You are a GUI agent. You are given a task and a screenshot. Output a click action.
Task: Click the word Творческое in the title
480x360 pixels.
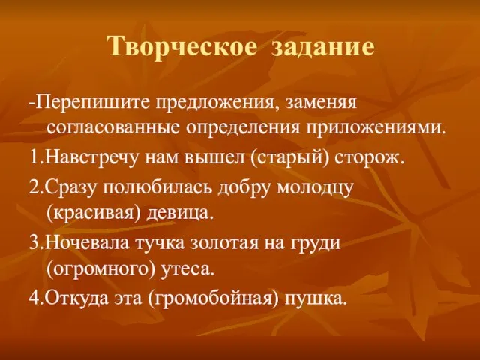183,46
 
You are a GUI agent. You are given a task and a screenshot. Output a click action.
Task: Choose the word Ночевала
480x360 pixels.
88,243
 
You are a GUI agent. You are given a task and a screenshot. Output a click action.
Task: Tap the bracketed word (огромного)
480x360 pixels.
101,269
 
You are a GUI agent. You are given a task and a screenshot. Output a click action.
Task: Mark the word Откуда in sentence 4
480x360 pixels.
77,298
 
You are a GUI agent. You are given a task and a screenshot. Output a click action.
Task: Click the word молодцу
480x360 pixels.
315,188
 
